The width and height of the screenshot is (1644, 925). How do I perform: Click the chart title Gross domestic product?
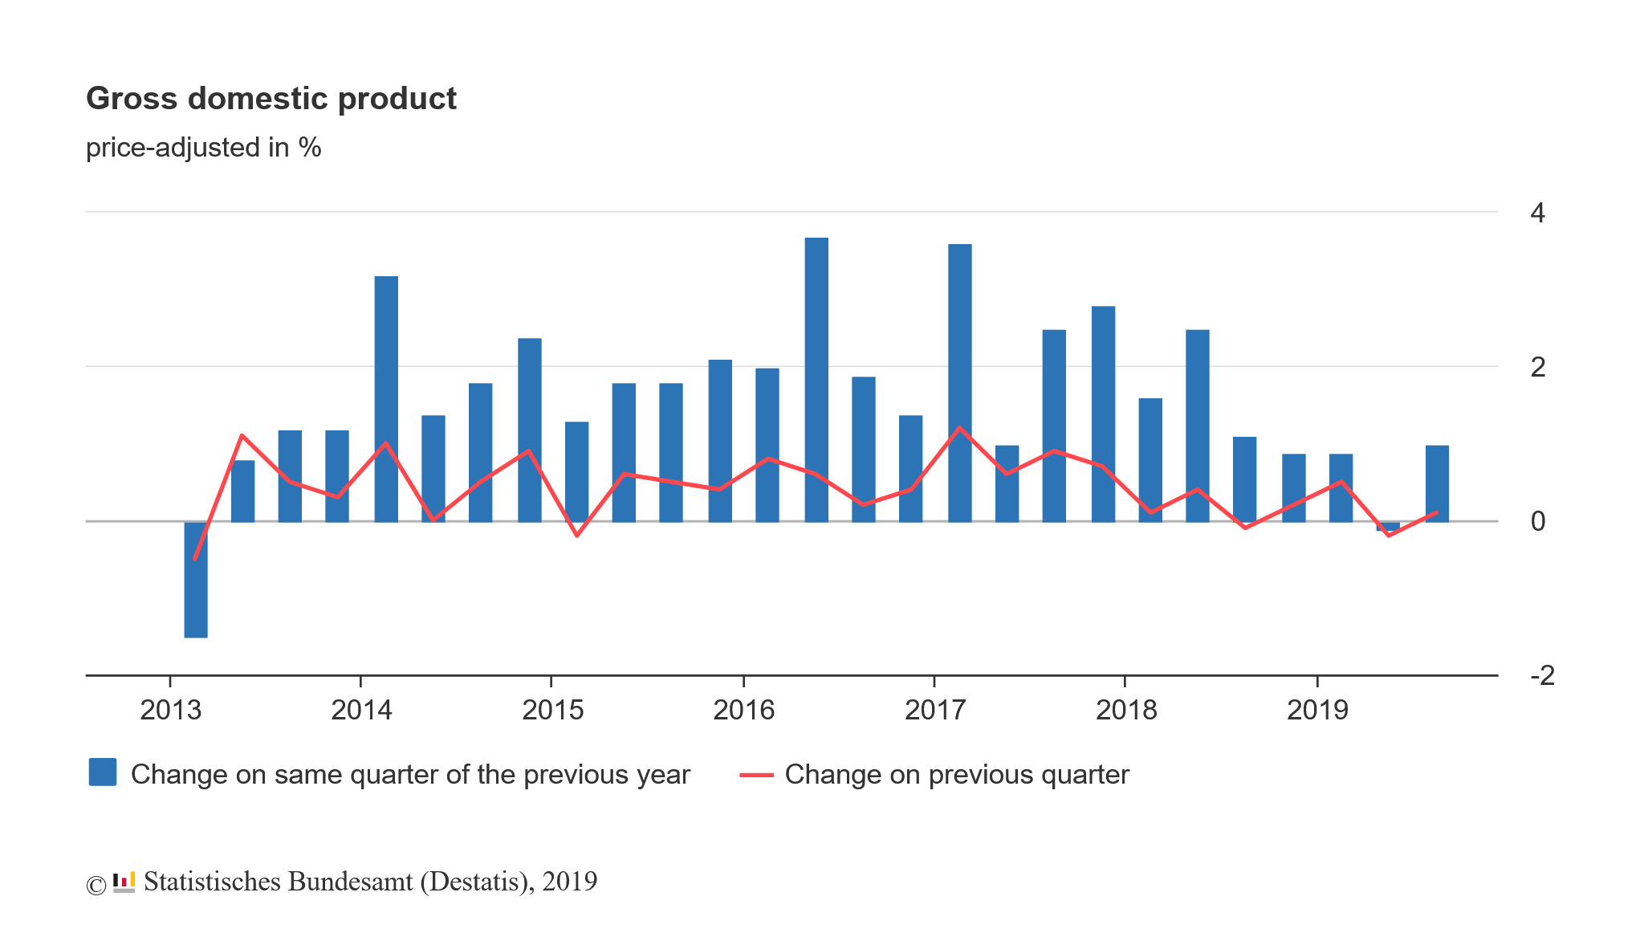(271, 99)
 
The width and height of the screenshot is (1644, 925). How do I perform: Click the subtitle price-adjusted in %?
(203, 148)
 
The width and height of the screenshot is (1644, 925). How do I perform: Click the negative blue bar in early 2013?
(196, 580)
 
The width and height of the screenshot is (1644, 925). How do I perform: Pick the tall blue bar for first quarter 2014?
(386, 399)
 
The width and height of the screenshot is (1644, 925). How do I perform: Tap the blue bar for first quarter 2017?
(959, 383)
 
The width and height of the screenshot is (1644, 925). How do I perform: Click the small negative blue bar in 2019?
(1388, 527)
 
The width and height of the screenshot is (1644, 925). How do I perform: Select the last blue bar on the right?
(1437, 483)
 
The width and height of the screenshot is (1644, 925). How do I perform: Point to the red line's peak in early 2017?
(959, 428)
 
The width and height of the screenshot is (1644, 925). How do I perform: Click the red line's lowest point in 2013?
(195, 558)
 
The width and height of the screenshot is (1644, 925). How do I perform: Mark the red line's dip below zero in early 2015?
(577, 535)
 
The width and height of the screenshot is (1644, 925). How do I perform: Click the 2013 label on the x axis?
(170, 710)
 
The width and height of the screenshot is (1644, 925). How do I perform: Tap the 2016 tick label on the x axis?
(743, 710)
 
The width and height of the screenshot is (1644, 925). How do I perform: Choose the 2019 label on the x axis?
(1317, 710)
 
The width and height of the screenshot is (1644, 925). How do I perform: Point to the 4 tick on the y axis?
(1537, 213)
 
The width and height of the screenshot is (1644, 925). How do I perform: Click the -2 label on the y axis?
(1542, 675)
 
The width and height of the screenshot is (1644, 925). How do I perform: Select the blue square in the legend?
(103, 772)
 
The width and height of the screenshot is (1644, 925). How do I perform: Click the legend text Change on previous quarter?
(956, 774)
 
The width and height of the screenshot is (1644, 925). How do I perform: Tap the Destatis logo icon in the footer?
(124, 882)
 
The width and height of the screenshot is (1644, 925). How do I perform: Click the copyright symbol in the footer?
(96, 885)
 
